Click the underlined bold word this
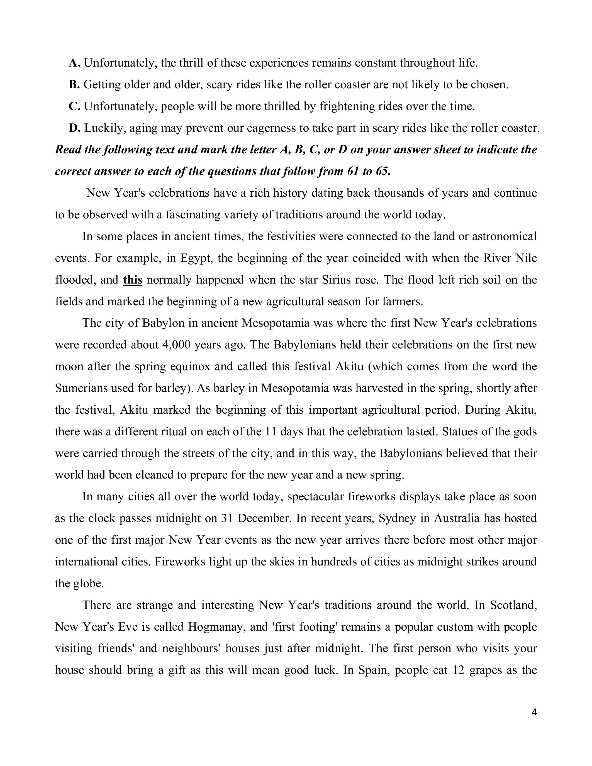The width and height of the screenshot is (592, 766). [x=133, y=280]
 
